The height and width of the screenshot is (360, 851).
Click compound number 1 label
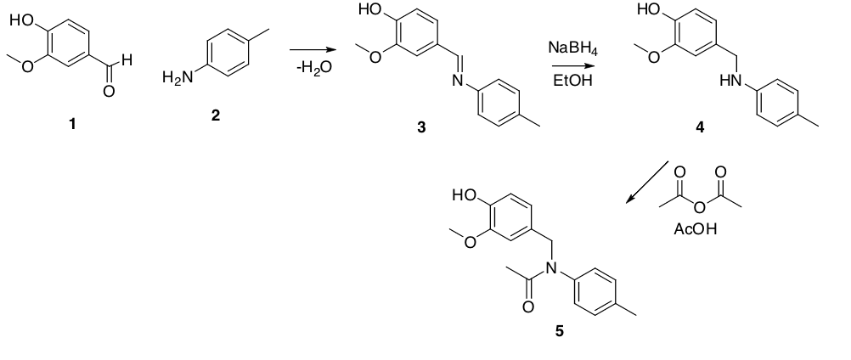point(72,124)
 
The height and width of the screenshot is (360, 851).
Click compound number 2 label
point(216,115)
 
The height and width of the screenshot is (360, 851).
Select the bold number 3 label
point(421,127)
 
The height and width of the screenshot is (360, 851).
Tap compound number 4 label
point(699,128)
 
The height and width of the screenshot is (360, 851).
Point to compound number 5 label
point(559,331)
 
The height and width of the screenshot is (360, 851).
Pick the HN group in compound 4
point(728,82)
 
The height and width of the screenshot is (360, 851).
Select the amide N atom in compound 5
point(550,268)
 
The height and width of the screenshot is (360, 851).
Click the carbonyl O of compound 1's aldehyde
point(108,92)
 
